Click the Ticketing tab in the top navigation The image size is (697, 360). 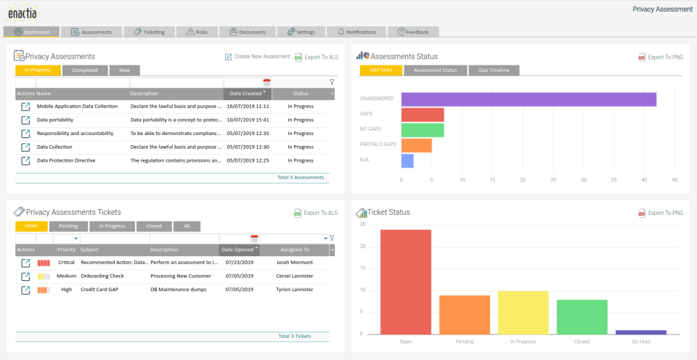tap(149, 32)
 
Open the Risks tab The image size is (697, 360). tap(197, 32)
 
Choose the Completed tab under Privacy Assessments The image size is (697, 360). tap(85, 70)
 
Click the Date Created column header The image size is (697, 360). tap(245, 94)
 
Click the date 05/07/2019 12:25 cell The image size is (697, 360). tap(249, 160)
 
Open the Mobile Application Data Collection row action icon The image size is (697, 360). tap(26, 106)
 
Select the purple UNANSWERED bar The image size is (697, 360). tap(529, 99)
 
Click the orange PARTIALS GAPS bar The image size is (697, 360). tap(417, 145)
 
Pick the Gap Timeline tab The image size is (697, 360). tap(494, 70)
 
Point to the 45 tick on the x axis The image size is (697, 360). tap(674, 179)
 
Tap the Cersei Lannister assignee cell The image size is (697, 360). tap(295, 276)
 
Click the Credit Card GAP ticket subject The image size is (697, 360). tap(100, 290)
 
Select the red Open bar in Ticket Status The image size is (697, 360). tap(405, 282)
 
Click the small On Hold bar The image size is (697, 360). tap(640, 332)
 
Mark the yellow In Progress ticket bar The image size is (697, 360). tap(523, 312)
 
